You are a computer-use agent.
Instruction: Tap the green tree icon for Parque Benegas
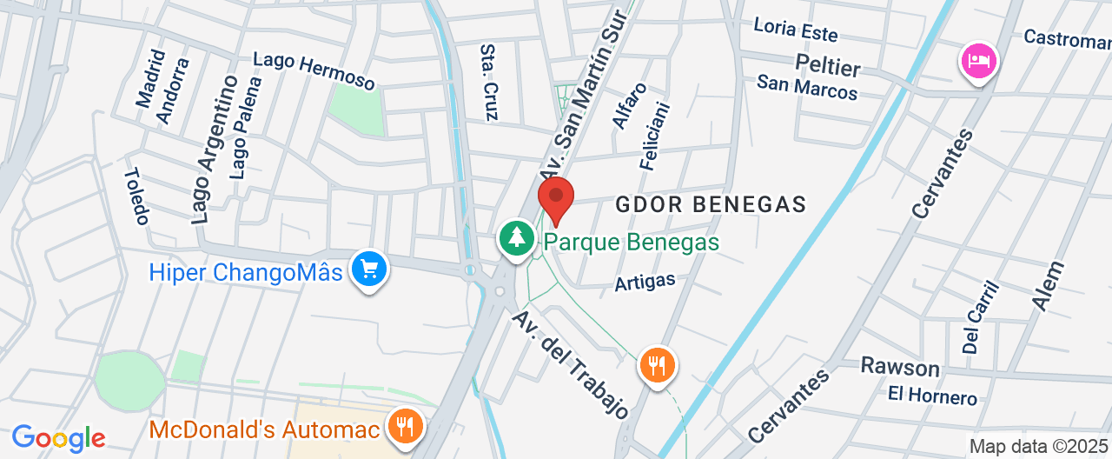point(518,237)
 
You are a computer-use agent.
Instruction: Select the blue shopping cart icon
point(369,270)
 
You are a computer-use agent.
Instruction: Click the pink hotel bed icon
point(979,61)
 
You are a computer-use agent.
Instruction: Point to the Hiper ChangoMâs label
point(246,272)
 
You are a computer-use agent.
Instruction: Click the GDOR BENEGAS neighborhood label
point(712,204)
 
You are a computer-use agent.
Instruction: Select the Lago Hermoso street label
point(314,71)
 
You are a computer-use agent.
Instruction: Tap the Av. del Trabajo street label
point(570,363)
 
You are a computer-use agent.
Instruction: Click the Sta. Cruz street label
point(489,83)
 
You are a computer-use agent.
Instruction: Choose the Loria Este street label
point(796,30)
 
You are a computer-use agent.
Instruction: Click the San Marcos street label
point(807,87)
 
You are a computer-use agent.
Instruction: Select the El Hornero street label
point(932,396)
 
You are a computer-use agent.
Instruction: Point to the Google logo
point(58,437)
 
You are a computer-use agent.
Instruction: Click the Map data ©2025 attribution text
point(1039,447)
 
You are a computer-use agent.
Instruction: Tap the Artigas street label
point(645,282)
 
